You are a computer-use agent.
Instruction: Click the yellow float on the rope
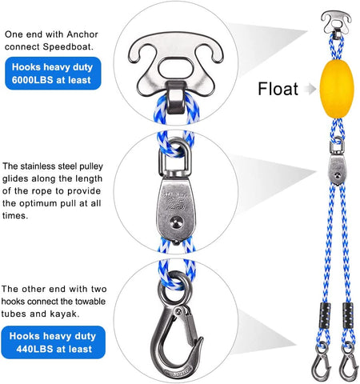337,89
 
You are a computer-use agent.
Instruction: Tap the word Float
278,89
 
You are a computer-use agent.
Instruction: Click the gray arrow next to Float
310,89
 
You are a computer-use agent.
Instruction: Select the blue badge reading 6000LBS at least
53,74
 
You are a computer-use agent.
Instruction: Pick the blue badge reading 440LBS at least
53,342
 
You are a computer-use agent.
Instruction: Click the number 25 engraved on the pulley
176,205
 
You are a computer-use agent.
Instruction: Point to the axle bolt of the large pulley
177,222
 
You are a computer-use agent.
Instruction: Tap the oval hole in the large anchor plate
175,67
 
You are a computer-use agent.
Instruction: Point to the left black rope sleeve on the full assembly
325,316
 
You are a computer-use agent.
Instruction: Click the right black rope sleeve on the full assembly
348,316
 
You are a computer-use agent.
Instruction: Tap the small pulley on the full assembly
337,170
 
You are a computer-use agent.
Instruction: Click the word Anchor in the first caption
82,34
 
